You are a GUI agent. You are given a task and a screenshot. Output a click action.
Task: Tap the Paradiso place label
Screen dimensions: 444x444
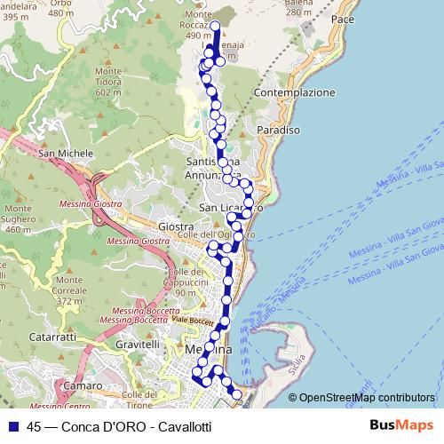coord(276,130)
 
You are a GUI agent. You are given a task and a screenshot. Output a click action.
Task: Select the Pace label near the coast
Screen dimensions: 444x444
coord(342,19)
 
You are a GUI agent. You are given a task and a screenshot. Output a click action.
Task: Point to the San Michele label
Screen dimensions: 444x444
coord(66,154)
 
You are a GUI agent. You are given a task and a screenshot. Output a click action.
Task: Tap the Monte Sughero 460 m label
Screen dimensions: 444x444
coord(18,218)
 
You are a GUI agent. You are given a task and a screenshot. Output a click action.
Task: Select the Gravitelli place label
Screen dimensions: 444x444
coord(136,344)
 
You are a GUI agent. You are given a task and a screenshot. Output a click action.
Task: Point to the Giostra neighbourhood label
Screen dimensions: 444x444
coord(178,227)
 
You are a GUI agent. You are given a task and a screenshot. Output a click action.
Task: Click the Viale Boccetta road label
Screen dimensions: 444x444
coord(194,320)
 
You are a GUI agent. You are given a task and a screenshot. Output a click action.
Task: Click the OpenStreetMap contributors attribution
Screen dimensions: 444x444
coord(367,398)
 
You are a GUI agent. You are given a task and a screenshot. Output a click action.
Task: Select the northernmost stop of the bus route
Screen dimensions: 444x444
coord(216,25)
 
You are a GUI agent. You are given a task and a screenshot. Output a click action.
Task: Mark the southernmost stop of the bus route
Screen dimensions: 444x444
coord(236,393)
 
